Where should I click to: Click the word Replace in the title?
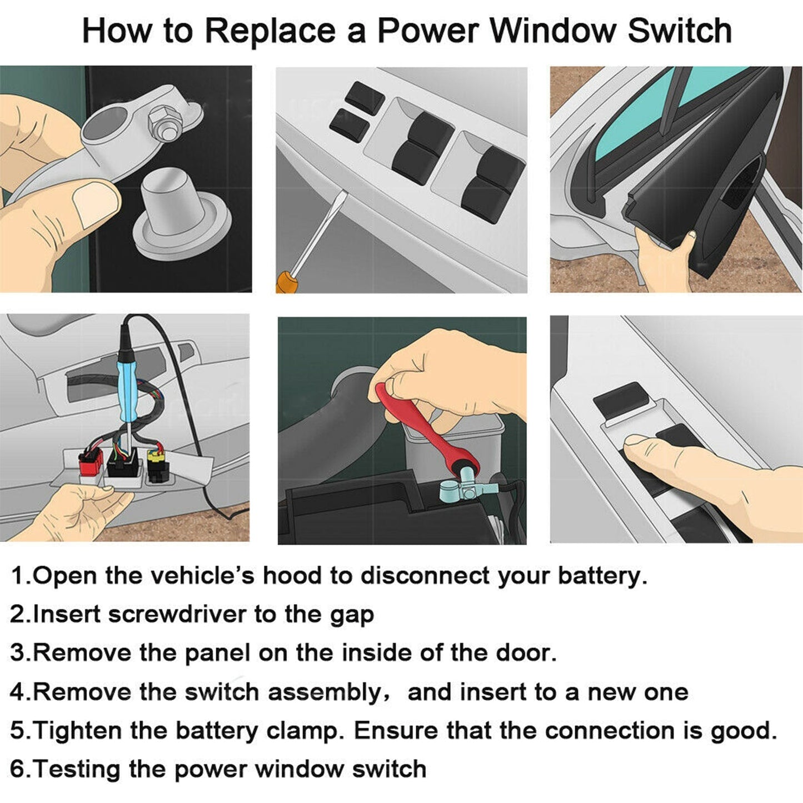click(270, 32)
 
